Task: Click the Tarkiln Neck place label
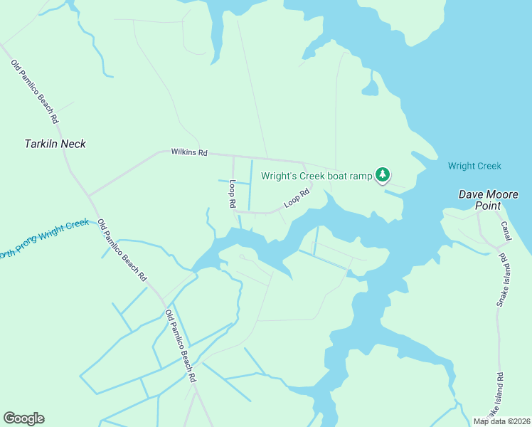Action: [x=55, y=144]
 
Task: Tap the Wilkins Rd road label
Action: [x=188, y=152]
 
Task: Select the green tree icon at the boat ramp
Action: [x=383, y=175]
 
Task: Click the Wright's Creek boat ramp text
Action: [x=316, y=176]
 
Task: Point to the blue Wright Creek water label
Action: [x=474, y=167]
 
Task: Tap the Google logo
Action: [x=23, y=418]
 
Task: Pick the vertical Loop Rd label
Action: [x=232, y=194]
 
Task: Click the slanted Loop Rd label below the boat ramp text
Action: [x=297, y=198]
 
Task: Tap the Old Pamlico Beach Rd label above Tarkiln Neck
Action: [x=34, y=90]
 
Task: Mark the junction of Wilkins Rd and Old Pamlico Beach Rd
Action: [x=88, y=194]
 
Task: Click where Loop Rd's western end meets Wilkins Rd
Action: [x=233, y=156]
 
